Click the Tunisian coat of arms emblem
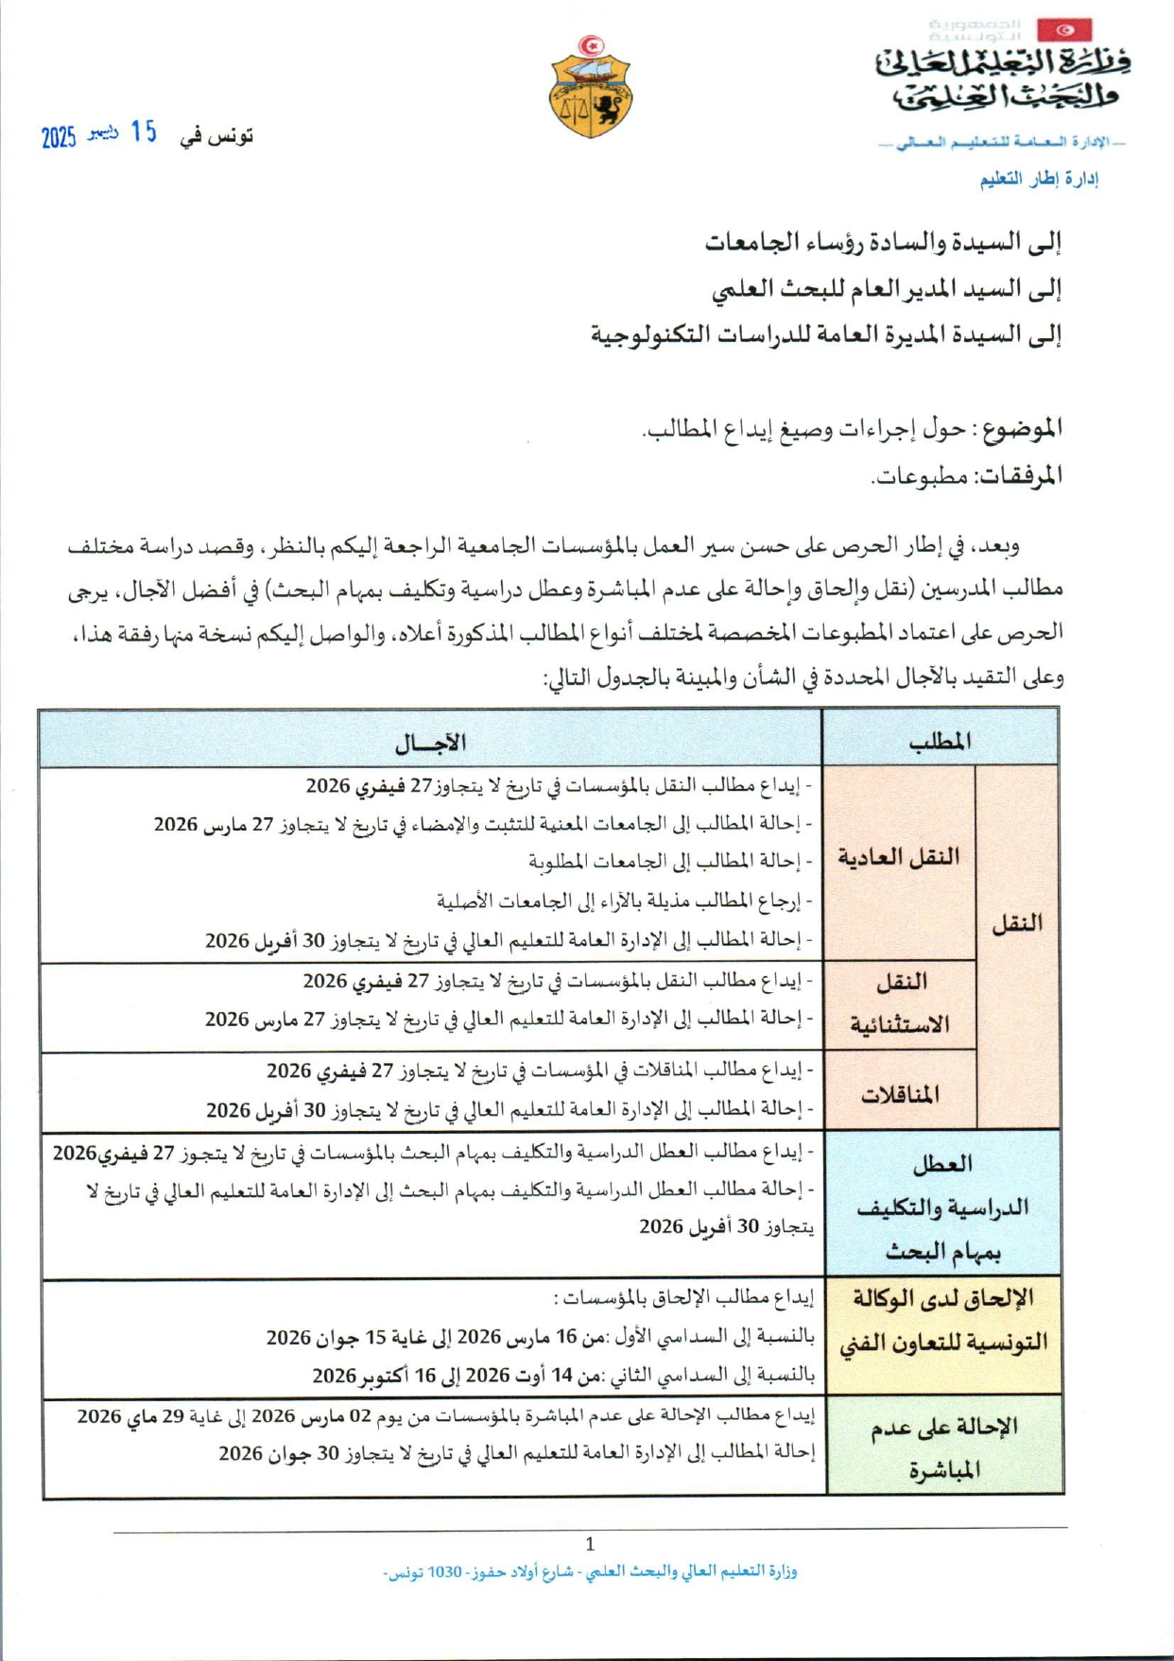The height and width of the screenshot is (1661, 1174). pyautogui.click(x=591, y=88)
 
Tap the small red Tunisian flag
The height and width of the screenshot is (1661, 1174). pyautogui.click(x=1064, y=30)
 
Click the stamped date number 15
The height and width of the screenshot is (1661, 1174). pyautogui.click(x=144, y=132)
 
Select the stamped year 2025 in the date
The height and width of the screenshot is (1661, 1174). pyautogui.click(x=59, y=138)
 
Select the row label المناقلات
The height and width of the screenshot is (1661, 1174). pyautogui.click(x=900, y=1094)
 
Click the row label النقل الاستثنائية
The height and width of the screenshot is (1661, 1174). pyautogui.click(x=900, y=1003)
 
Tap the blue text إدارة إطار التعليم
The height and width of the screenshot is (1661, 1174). pyautogui.click(x=1039, y=180)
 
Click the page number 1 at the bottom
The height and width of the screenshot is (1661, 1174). pyautogui.click(x=590, y=1545)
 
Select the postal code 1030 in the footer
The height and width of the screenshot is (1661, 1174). pyautogui.click(x=444, y=1572)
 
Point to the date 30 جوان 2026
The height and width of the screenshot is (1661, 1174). pyautogui.click(x=268, y=1454)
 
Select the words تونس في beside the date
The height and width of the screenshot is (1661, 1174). pyautogui.click(x=217, y=136)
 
